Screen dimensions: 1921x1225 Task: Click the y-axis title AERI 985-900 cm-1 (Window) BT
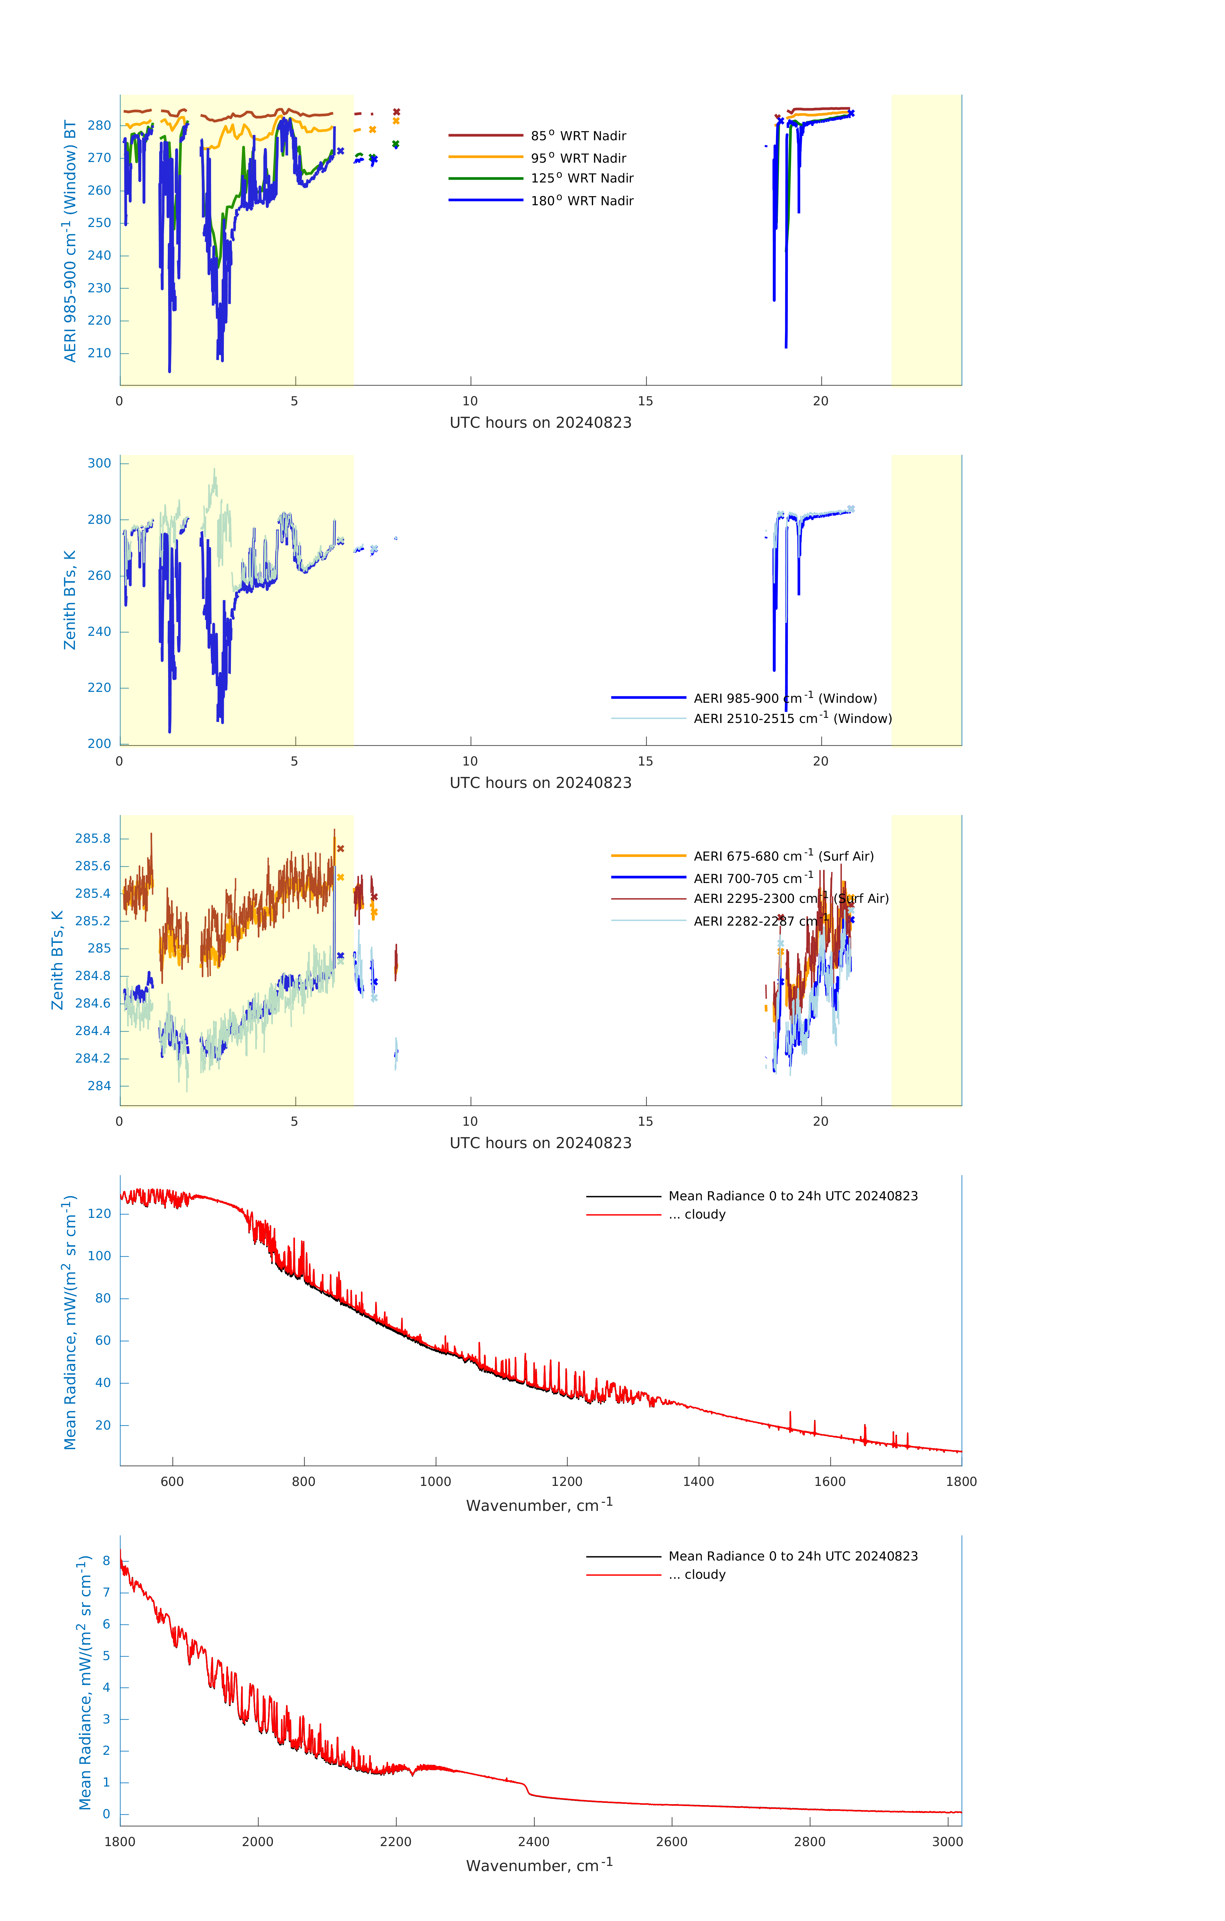[70, 241]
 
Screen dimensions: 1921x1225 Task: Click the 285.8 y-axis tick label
[94, 839]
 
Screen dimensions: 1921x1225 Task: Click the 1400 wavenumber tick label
[698, 1481]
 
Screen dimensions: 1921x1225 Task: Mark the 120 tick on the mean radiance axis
[100, 1213]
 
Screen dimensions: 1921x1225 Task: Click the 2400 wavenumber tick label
[533, 1841]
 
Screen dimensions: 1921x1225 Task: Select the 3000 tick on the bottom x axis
[947, 1841]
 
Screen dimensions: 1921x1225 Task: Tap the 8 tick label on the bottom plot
[106, 1561]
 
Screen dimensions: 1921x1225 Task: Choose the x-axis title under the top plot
[540, 423]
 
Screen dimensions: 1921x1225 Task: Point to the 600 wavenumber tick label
[172, 1481]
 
